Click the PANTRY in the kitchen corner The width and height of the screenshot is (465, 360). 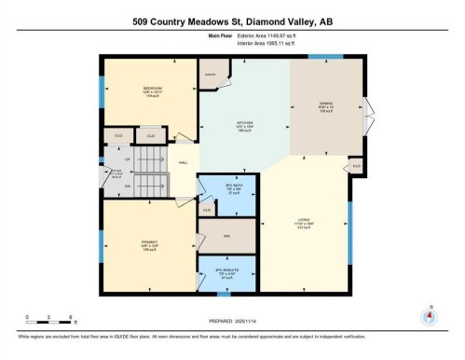pos(211,74)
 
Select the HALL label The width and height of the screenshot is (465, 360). pos(185,162)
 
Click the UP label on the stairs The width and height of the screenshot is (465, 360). pos(128,159)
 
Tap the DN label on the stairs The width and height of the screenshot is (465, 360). pos(128,186)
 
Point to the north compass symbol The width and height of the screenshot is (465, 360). pos(430,314)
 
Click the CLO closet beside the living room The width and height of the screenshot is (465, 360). pos(356,166)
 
